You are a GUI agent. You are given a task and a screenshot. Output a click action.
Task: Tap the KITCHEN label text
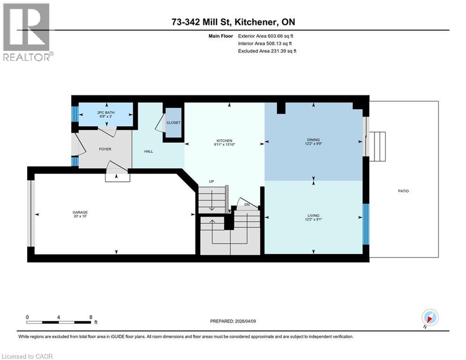point(224,141)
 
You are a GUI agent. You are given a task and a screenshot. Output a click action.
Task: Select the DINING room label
point(313,140)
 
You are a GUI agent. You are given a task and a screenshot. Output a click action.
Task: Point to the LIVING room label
point(313,216)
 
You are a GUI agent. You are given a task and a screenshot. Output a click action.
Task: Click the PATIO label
point(403,191)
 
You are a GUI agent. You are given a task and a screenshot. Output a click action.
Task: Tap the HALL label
point(148,151)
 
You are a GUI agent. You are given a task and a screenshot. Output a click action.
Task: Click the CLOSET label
point(173,123)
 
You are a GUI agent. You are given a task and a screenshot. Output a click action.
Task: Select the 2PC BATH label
point(106,113)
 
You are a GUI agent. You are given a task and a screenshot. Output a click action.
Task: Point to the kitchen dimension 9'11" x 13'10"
point(224,145)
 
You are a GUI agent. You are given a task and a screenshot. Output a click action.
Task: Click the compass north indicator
point(429,317)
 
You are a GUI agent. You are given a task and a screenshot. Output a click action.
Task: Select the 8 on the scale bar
point(90,317)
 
